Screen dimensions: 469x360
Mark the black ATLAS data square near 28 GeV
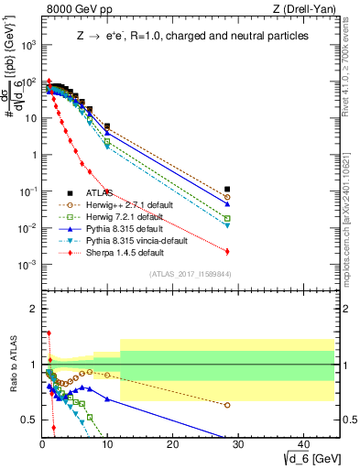tap(227, 190)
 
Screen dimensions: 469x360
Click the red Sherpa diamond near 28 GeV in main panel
tap(227, 251)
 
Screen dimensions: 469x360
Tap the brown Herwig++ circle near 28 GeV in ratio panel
tap(227, 404)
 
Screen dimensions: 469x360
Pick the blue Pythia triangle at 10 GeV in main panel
tap(107, 133)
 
